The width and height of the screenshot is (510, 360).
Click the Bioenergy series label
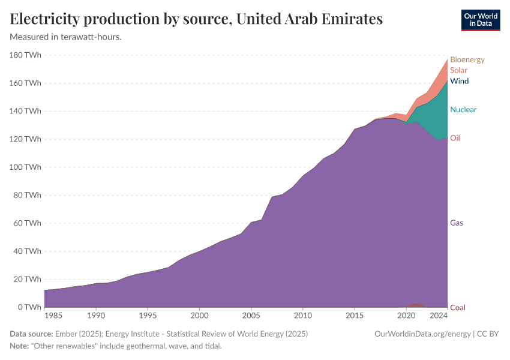click(467, 59)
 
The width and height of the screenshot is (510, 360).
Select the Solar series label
click(458, 70)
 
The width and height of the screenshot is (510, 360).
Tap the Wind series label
click(459, 81)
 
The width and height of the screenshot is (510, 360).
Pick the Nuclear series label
click(463, 110)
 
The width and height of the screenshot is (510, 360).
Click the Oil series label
click(455, 138)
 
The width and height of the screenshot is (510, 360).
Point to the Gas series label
click(456, 223)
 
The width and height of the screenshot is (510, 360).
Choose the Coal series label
click(457, 307)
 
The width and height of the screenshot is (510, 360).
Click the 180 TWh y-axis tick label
click(25, 55)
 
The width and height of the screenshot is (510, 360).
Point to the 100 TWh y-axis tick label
click(25, 167)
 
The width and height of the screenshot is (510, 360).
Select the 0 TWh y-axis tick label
click(29, 307)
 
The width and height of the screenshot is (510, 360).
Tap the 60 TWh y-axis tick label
click(27, 223)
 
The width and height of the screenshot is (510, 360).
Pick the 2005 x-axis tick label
click(251, 316)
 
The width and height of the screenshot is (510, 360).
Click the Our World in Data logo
click(480, 20)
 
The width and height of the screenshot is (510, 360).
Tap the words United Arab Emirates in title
click(310, 19)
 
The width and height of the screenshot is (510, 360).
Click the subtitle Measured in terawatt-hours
click(66, 37)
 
